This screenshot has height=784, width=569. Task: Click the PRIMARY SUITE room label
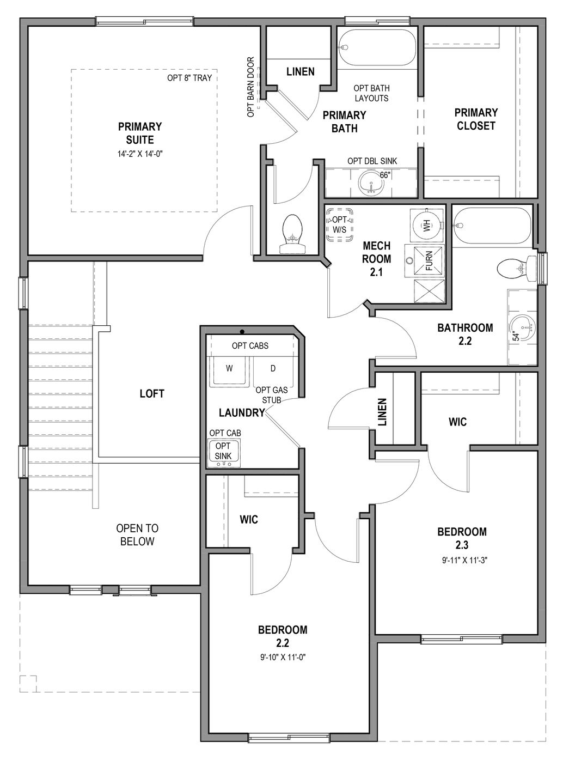click(x=140, y=133)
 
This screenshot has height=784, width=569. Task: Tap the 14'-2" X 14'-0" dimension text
click(x=140, y=154)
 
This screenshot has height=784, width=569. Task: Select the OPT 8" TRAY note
click(x=189, y=78)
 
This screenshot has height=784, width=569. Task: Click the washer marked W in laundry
click(x=229, y=369)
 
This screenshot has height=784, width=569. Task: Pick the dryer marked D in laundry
click(x=273, y=369)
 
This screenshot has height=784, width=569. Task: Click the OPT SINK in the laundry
click(x=223, y=452)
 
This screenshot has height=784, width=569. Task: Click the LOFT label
click(x=152, y=393)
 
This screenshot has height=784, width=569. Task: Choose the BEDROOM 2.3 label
click(x=462, y=538)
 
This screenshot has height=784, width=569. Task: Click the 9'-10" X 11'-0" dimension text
click(x=283, y=658)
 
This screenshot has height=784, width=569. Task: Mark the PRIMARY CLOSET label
click(x=476, y=119)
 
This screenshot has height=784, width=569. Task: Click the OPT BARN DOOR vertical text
click(x=251, y=87)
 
